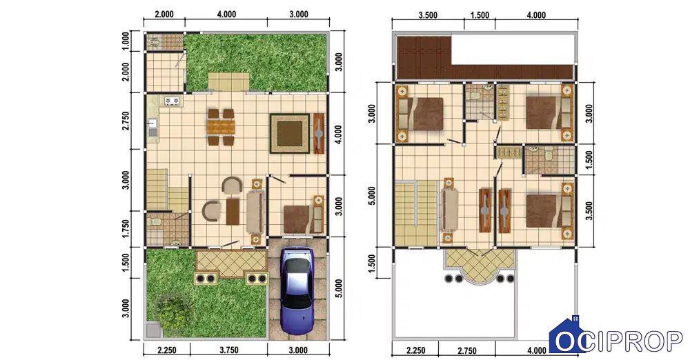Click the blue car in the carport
pyautogui.click(x=297, y=291)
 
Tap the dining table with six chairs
pyautogui.click(x=221, y=127)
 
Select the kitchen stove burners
pyautogui.click(x=172, y=101)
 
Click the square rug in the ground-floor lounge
pyautogui.click(x=289, y=133)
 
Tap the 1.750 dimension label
pyautogui.click(x=126, y=229)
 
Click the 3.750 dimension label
pyautogui.click(x=229, y=350)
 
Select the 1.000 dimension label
pyautogui.click(x=126, y=41)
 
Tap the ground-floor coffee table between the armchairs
pyautogui.click(x=233, y=211)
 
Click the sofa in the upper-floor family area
pyautogui.click(x=449, y=210)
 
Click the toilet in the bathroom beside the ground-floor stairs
pyautogui.click(x=153, y=223)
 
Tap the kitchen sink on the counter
pyautogui.click(x=152, y=128)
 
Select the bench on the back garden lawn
pyautogui.click(x=228, y=82)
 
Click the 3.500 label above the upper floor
pyautogui.click(x=428, y=15)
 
